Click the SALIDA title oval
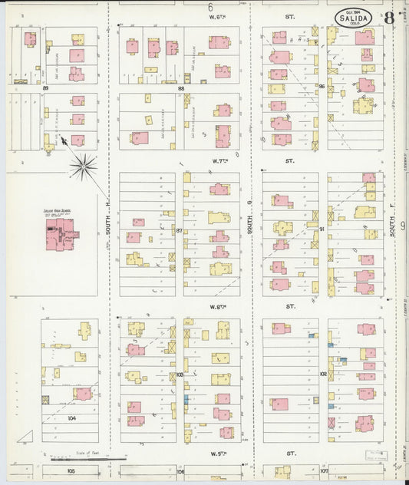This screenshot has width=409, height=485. click(354, 16)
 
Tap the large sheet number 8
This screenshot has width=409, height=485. click(391, 17)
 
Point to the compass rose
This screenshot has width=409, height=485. click(82, 163)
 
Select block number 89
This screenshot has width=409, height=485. click(46, 89)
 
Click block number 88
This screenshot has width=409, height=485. click(181, 89)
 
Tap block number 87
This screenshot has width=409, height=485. click(179, 230)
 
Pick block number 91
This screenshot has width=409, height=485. click(322, 229)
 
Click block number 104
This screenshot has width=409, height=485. click(72, 418)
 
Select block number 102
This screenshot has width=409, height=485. click(323, 374)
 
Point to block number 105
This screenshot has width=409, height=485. click(71, 470)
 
